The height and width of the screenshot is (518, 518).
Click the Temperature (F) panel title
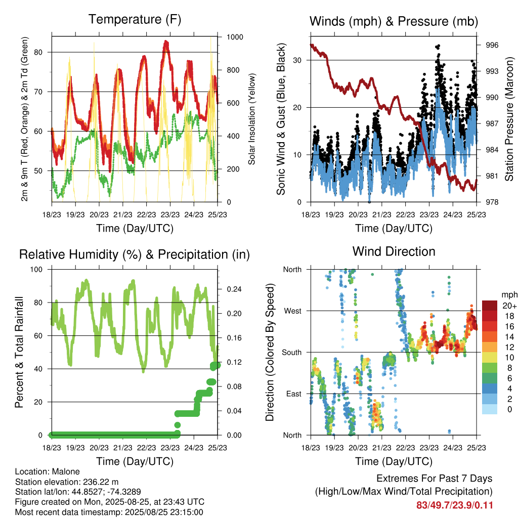135,19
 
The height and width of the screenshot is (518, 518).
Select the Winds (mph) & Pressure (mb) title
394,21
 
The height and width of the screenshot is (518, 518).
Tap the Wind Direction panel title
394,251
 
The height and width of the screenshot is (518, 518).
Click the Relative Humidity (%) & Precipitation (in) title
135,254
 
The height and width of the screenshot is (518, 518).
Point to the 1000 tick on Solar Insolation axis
235,37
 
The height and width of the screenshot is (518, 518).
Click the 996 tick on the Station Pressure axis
492,45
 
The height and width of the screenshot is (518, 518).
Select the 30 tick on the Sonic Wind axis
297,60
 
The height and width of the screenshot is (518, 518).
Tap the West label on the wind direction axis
293,311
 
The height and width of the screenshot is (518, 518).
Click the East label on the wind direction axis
294,394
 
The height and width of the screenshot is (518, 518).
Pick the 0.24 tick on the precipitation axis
234,289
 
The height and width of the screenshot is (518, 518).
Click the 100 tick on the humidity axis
36,269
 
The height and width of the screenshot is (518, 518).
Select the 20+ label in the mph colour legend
509,306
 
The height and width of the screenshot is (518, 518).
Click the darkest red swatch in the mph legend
490,306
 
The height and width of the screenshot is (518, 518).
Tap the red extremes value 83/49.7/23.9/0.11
455,505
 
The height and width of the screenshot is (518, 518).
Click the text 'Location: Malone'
48,471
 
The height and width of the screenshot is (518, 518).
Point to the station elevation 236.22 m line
67,482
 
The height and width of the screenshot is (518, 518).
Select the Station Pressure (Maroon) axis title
509,119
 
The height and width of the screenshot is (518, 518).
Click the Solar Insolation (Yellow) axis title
252,119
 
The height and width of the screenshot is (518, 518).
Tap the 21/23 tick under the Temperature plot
123,214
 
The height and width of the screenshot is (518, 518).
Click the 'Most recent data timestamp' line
109,512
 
